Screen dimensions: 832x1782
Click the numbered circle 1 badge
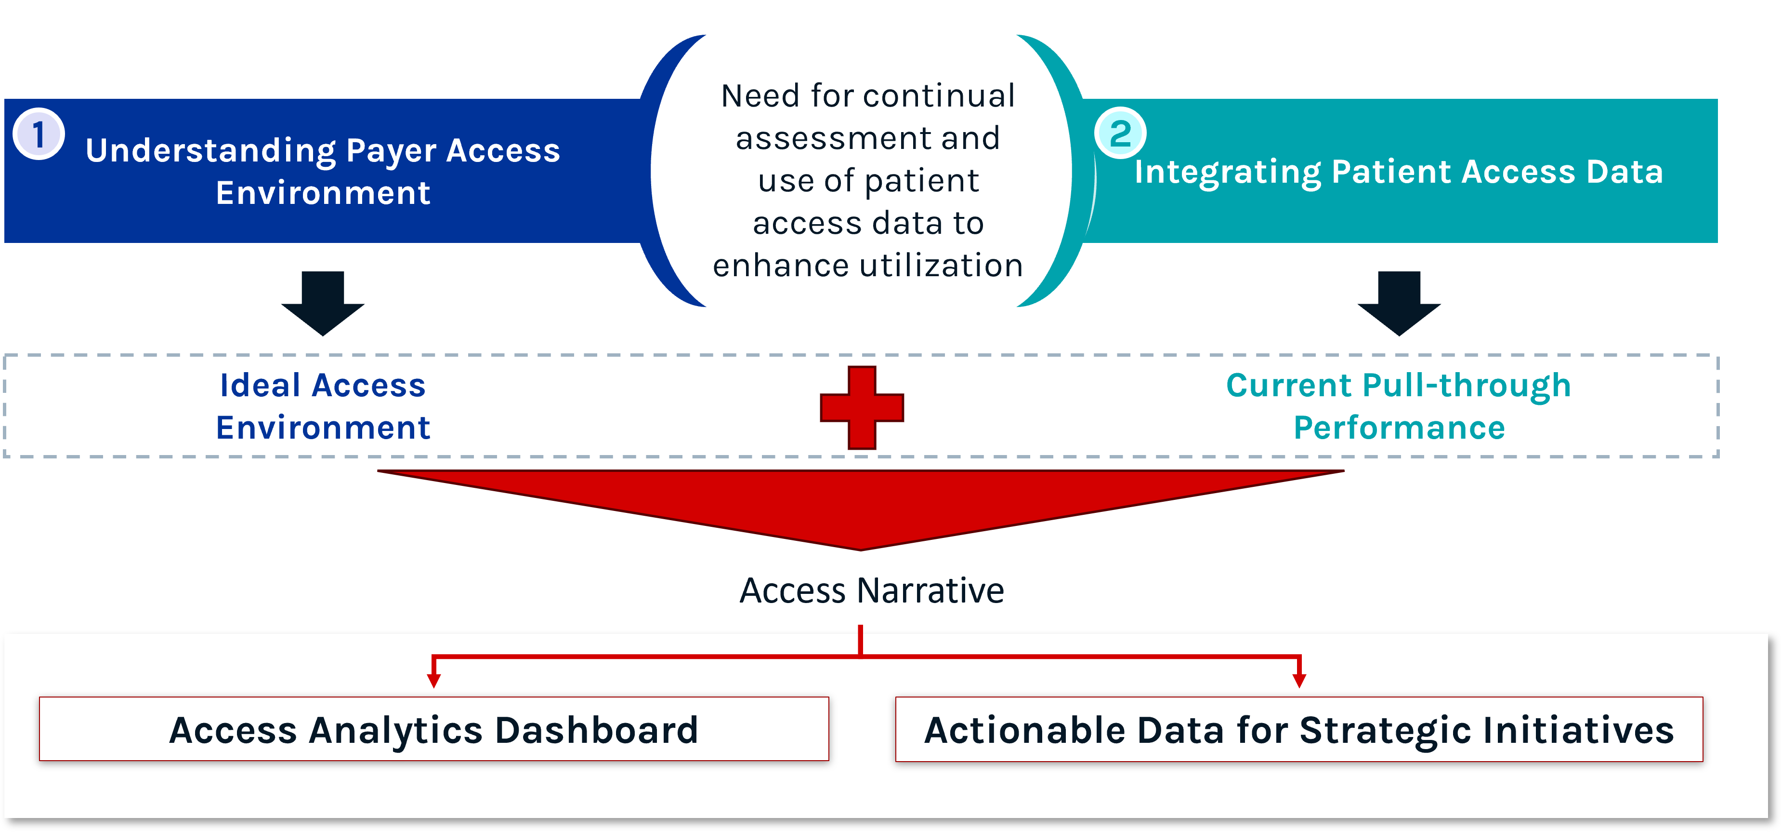39,134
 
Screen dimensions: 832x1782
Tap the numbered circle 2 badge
1120,133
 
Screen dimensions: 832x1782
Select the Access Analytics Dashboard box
434,729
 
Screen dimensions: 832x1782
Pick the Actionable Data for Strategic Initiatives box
1298,729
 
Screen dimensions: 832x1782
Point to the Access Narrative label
872,590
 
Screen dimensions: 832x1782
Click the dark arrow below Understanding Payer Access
323,303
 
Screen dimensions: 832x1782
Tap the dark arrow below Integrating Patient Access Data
1399,303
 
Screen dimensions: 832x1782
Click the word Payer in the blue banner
391,151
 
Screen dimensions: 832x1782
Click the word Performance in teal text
1399,428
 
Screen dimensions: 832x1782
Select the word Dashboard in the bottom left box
596,730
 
